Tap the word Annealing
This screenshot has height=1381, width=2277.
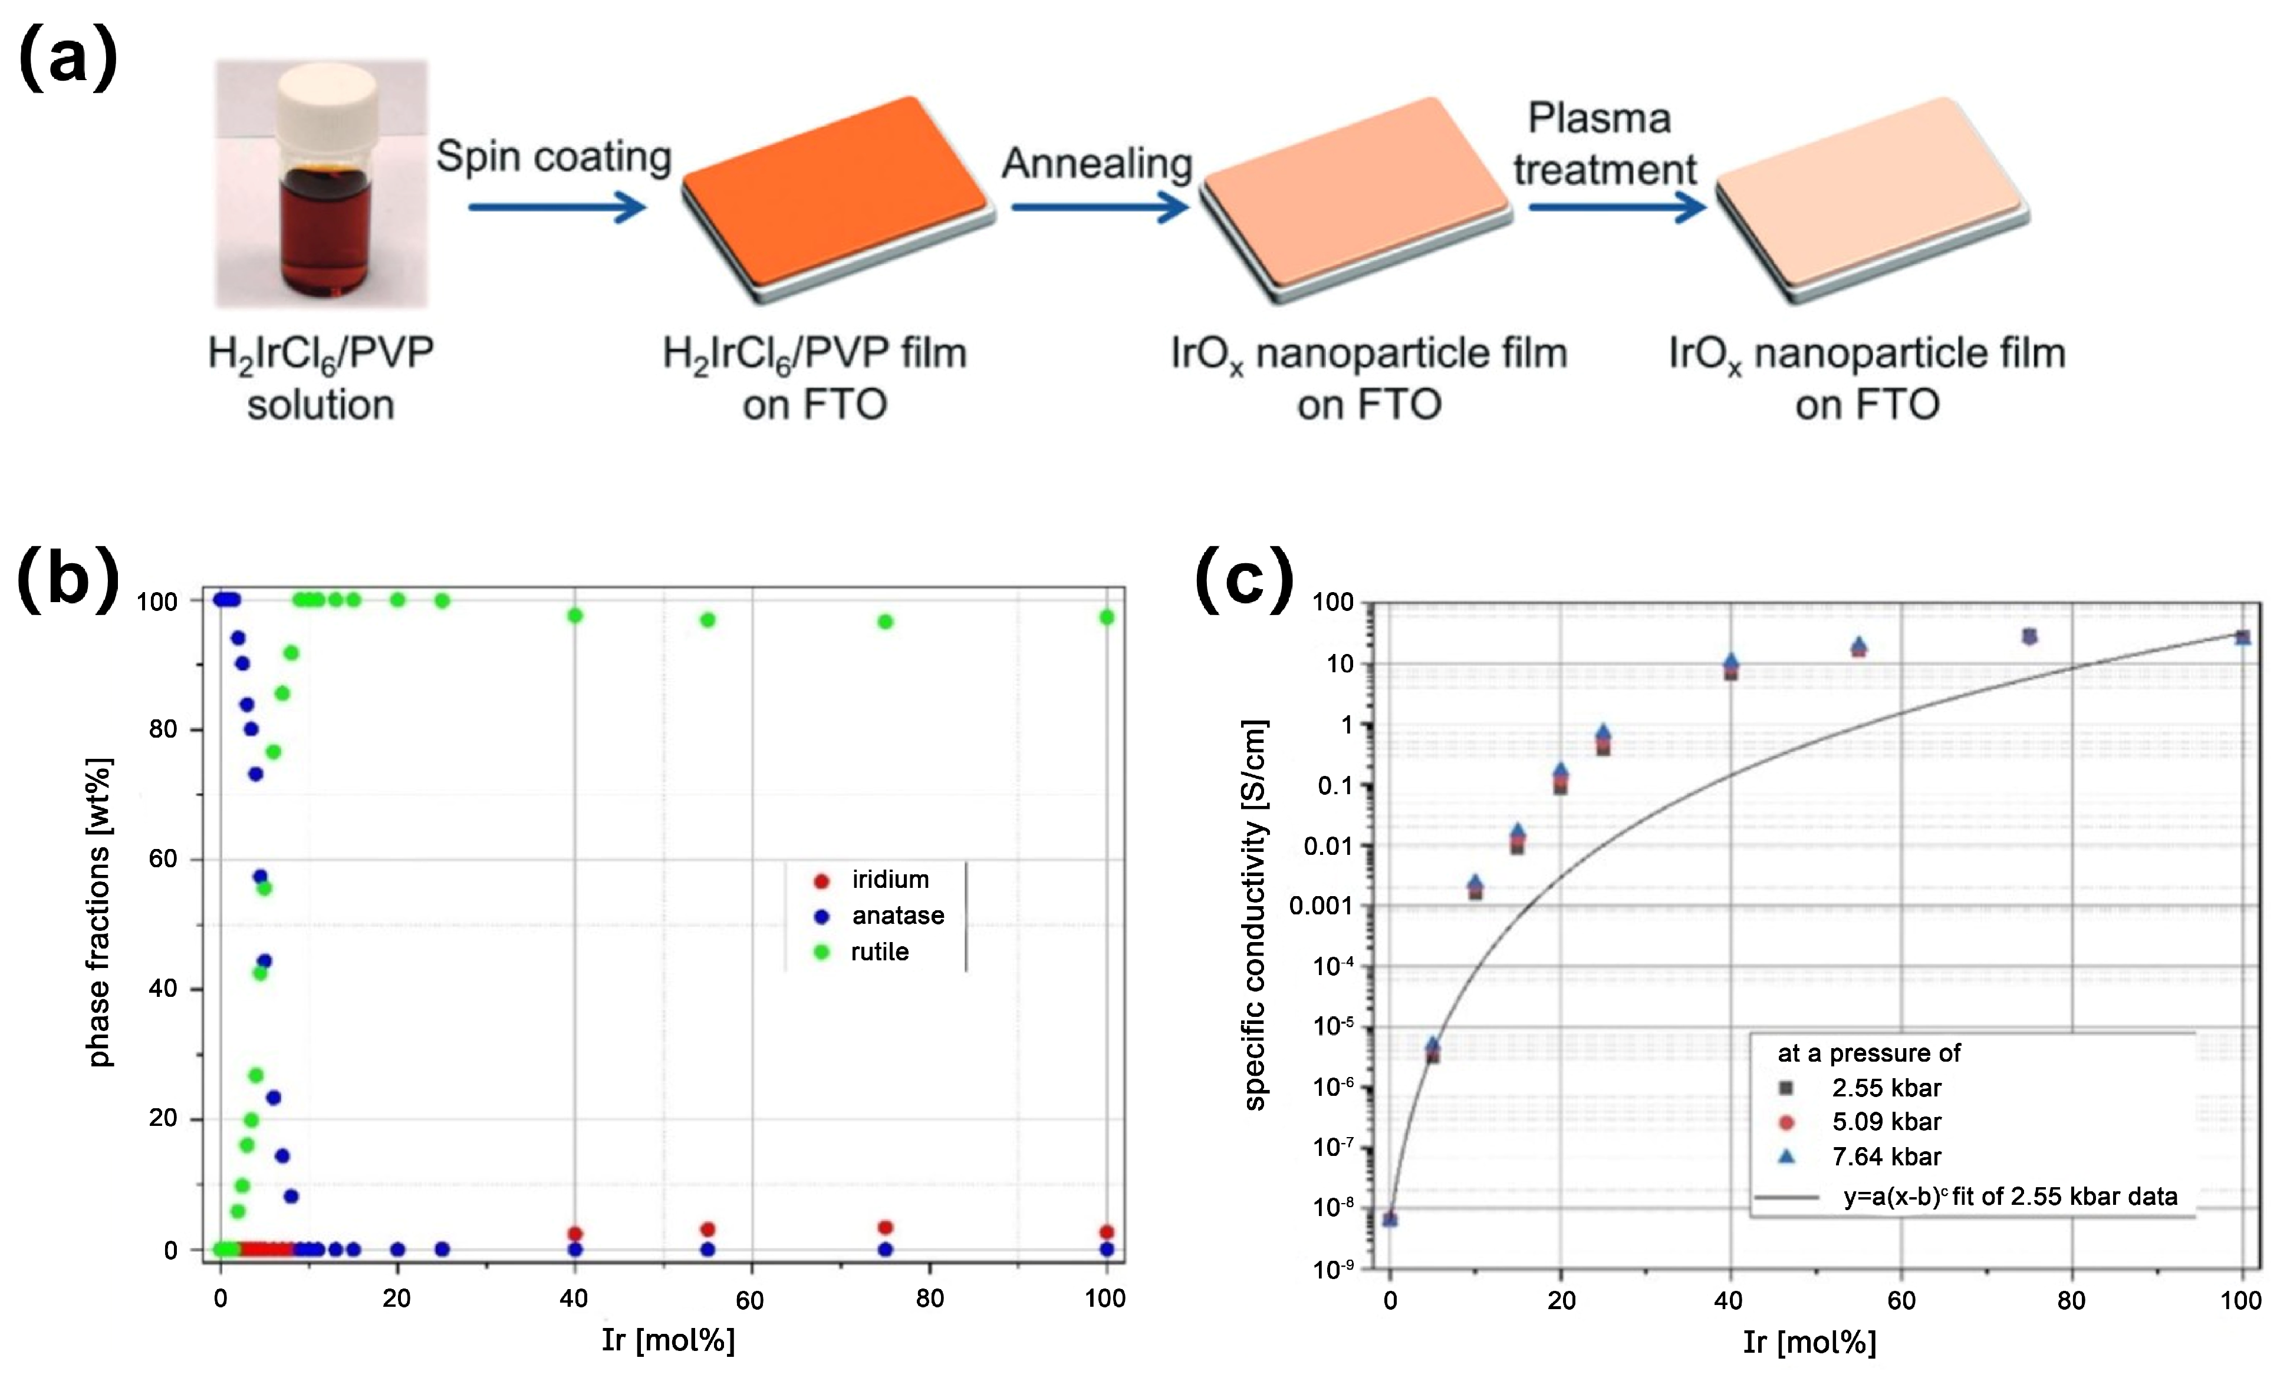coord(1097,164)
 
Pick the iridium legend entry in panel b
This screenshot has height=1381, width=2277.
coord(873,880)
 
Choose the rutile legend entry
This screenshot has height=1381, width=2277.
coord(864,951)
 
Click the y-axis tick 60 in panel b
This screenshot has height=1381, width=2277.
coord(163,859)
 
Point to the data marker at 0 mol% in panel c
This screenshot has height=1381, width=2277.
coord(1390,1220)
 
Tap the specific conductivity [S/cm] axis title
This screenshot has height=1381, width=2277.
coord(1254,914)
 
